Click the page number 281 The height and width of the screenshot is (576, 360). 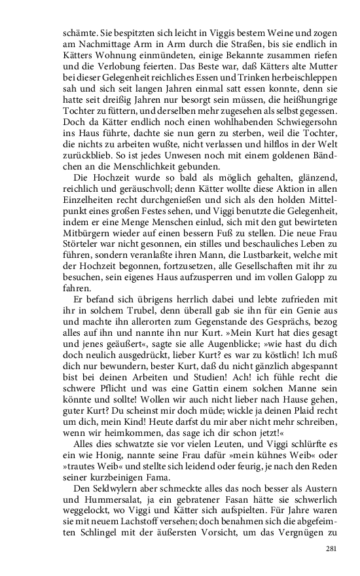331,548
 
